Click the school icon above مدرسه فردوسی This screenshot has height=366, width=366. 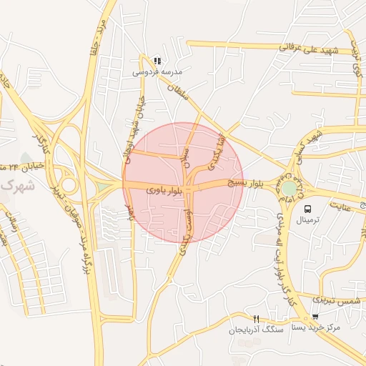click(x=157, y=61)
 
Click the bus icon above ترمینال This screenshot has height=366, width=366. click(x=307, y=209)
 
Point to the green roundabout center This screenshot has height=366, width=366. click(x=288, y=188)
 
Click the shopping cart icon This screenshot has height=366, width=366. click(x=315, y=317)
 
